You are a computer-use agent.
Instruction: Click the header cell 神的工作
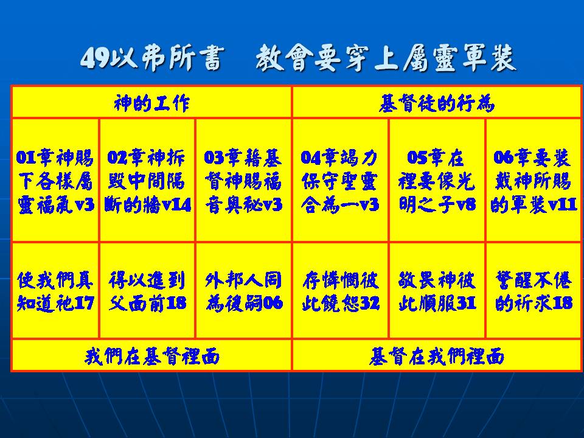pos(151,102)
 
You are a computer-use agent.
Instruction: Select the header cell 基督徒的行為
pos(437,102)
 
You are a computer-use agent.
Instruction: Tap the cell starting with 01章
pos(55,180)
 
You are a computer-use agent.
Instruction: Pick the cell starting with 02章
pos(147,180)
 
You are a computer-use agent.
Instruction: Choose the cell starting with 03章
pos(243,180)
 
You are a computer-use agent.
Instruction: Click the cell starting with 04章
pos(341,180)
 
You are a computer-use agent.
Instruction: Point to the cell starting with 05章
pos(437,180)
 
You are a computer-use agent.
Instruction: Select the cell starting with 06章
pos(534,180)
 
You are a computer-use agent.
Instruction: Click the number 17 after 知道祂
pos(84,303)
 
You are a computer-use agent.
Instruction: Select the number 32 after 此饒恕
pos(369,303)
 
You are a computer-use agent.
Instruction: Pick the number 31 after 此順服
pos(467,303)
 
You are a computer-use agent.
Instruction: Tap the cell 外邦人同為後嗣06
pos(243,291)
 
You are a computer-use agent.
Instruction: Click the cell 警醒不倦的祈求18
pos(534,291)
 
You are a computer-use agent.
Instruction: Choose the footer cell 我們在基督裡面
pos(151,355)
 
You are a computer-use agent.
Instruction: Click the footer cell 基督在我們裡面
pos(437,355)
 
